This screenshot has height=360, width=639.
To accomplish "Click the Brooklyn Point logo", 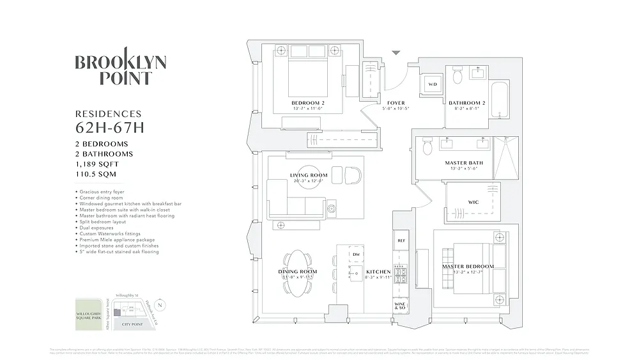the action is pyautogui.click(x=121, y=68).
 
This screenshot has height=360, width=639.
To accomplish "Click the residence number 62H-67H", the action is pyautogui.click(x=110, y=127).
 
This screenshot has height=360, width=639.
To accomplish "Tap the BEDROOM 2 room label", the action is pyautogui.click(x=308, y=103).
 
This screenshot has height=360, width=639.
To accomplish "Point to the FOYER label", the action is pyautogui.click(x=396, y=103).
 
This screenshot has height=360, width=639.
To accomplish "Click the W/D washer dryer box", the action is pyautogui.click(x=432, y=84).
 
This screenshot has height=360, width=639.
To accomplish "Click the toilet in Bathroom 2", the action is pyautogui.click(x=457, y=77).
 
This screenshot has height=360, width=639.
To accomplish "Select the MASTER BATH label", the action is pyautogui.click(x=464, y=163).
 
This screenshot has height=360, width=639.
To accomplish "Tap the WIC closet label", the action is pyautogui.click(x=473, y=202).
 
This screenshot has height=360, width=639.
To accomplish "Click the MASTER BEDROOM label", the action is pyautogui.click(x=468, y=266).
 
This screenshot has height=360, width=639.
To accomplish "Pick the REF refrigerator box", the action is pyautogui.click(x=401, y=241).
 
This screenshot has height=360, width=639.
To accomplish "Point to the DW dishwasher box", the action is pyautogui.click(x=356, y=254).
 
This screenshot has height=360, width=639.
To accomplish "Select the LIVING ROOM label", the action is pyautogui.click(x=309, y=175).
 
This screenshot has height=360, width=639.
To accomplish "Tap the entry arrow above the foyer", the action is pyautogui.click(x=396, y=54).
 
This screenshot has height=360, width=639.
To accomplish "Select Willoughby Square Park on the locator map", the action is pyautogui.click(x=88, y=314).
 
